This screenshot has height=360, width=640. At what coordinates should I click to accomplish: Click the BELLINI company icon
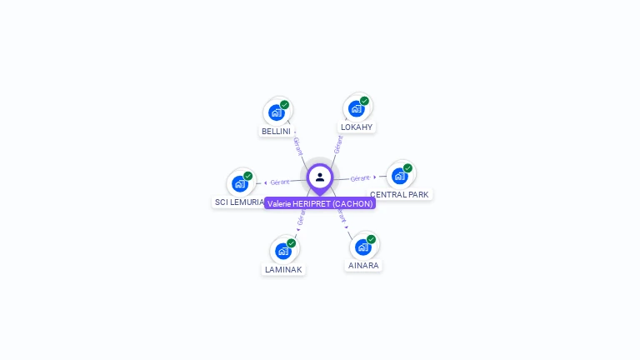[277, 112]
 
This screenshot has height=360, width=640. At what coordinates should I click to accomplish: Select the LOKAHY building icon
[357, 108]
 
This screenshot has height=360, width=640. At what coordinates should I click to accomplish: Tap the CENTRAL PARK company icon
[400, 175]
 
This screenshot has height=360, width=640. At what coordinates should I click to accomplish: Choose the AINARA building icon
[363, 247]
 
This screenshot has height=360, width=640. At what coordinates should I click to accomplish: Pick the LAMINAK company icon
[283, 250]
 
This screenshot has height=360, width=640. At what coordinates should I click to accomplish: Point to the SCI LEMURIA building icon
[240, 183]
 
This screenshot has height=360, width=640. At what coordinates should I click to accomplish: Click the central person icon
[320, 177]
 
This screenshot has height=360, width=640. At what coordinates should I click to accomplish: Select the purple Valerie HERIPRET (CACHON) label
[320, 203]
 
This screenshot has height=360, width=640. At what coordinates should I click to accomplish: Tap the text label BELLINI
[276, 132]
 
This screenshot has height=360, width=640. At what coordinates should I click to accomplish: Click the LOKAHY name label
[357, 127]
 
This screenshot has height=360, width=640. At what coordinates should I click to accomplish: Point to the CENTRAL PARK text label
[400, 194]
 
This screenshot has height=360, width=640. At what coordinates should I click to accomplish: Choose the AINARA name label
[363, 266]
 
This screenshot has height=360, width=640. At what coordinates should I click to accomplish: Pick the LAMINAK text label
[283, 269]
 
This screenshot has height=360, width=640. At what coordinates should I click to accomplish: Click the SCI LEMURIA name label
[239, 202]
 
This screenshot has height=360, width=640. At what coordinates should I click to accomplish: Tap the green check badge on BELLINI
[284, 105]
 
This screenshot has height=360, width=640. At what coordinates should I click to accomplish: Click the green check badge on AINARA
[371, 239]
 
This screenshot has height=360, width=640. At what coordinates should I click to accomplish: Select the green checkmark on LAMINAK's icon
[291, 242]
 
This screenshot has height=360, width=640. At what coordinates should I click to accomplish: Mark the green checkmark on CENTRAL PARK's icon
[407, 167]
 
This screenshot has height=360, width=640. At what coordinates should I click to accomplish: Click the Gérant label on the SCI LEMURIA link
[280, 182]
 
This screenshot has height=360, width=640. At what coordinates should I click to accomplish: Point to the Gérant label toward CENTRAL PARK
[360, 178]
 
